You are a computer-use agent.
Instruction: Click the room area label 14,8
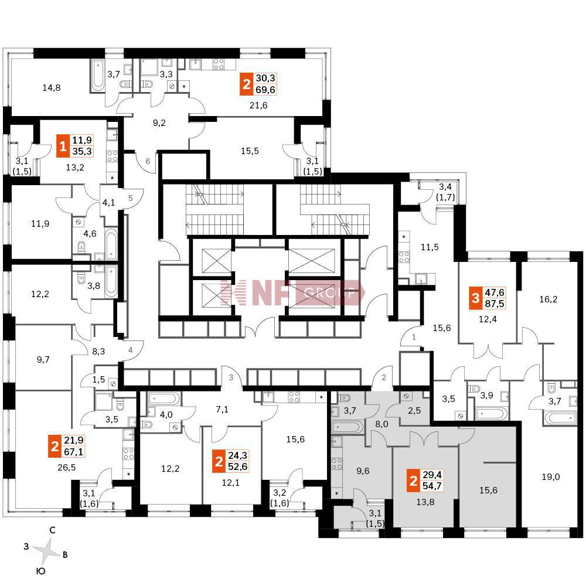point(52,88)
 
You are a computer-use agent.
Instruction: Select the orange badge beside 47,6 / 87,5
point(474,298)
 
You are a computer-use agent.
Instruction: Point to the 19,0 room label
point(551,477)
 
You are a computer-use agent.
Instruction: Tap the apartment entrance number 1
point(414,337)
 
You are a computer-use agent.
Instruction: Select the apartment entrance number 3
point(231,377)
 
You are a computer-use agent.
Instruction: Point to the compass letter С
point(52,530)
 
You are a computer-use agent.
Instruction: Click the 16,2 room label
point(548,299)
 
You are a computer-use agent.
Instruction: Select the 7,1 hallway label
point(223,408)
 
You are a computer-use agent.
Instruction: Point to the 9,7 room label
point(43,360)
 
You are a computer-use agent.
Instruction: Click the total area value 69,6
point(265,90)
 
